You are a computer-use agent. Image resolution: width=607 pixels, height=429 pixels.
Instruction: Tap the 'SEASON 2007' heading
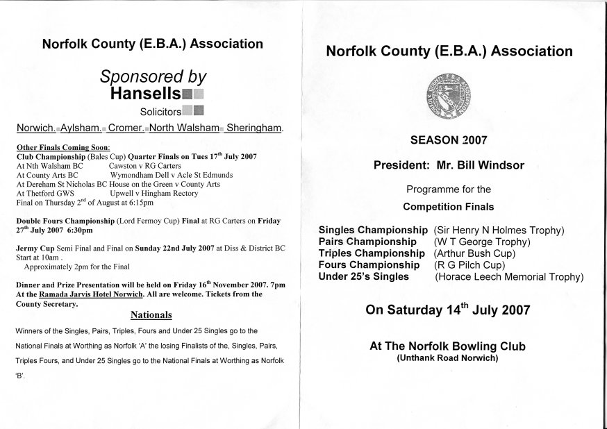point(449,140)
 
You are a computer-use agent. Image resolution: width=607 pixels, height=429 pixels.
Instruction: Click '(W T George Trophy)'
point(482,242)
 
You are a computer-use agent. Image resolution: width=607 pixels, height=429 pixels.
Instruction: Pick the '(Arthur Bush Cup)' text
point(474,253)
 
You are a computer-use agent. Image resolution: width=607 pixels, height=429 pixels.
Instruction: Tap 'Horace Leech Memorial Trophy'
point(509,277)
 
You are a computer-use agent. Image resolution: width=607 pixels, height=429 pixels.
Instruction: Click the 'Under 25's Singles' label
point(363,277)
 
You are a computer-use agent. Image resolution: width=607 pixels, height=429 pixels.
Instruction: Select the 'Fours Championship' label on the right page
point(369,265)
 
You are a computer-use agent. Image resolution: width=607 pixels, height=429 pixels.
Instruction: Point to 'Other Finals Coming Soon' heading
point(63,147)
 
